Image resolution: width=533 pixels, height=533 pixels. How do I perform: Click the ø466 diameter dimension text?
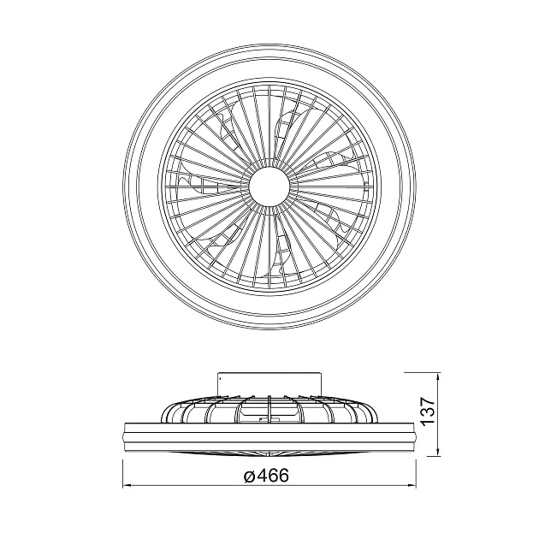(266, 475)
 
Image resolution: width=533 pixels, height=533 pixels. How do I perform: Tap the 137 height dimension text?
(428, 410)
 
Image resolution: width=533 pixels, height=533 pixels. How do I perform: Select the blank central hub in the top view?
(269, 186)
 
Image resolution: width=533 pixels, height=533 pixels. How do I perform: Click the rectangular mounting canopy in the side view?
(269, 384)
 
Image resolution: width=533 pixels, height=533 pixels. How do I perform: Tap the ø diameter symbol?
(250, 476)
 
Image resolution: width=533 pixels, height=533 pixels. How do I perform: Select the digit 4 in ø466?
(262, 475)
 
